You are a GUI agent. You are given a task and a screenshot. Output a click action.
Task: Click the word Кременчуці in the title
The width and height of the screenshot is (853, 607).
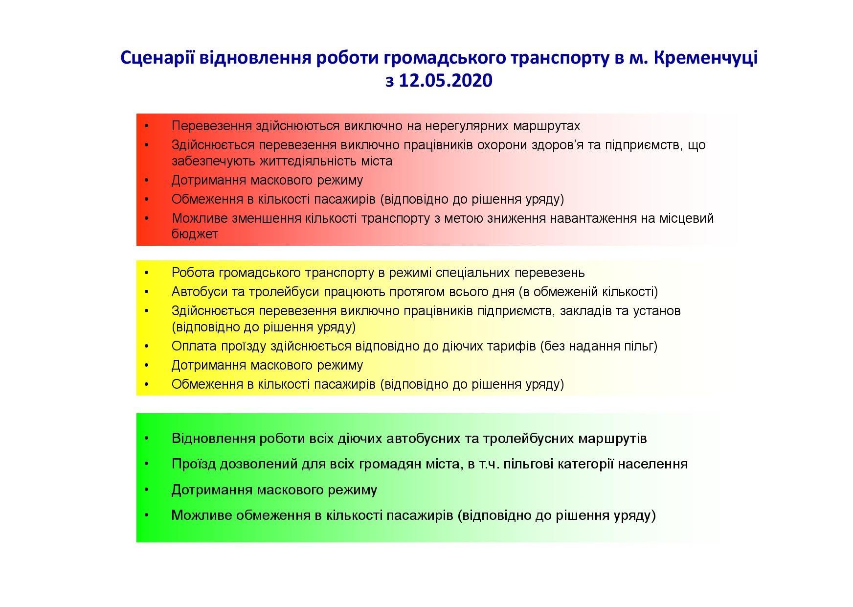click(x=705, y=58)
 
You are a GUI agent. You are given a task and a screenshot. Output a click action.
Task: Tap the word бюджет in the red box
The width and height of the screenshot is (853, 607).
click(x=195, y=234)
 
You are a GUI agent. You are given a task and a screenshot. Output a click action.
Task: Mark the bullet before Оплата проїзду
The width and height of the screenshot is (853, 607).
click(x=147, y=347)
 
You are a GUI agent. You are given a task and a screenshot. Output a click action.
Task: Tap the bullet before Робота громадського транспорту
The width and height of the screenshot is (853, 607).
click(x=147, y=273)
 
